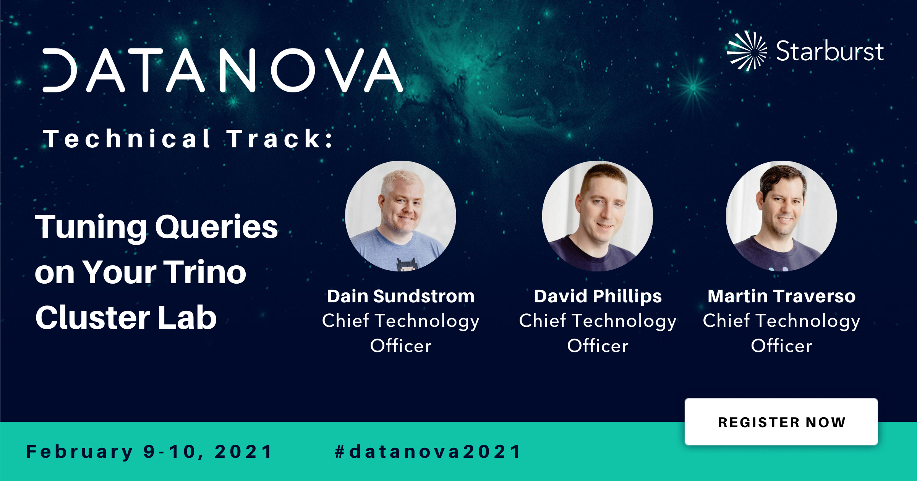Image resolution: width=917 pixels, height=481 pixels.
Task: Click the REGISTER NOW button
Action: point(781,422)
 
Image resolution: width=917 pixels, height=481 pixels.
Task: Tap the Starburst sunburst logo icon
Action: point(747,51)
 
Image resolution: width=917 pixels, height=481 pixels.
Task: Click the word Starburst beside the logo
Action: point(830,51)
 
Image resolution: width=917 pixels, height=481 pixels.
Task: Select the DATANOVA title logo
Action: point(222,70)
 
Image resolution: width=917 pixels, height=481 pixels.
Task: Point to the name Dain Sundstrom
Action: point(401,296)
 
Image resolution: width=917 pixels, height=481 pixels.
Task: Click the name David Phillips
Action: point(598,297)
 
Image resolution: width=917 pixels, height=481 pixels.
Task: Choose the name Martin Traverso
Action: point(781,296)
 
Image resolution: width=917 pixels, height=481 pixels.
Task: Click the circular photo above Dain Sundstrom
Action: point(400,216)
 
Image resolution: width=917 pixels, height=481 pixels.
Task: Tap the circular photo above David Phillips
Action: point(598,216)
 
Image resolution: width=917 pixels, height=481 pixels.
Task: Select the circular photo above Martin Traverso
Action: point(781,216)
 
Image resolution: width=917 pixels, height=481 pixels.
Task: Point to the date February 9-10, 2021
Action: point(149,452)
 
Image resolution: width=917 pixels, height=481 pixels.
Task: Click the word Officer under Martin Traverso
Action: point(781,346)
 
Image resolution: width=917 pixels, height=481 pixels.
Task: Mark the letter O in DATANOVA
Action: point(293,70)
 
